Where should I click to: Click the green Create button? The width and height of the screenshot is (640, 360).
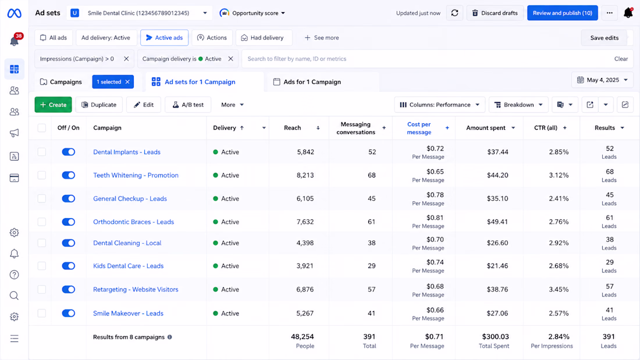(x=53, y=105)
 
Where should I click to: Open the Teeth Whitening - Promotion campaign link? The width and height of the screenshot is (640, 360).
(x=136, y=175)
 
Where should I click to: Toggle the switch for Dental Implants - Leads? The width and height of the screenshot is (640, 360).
(x=69, y=152)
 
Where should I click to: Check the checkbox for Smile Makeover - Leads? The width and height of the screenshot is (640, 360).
(x=42, y=313)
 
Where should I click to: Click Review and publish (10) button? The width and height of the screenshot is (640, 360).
(x=563, y=13)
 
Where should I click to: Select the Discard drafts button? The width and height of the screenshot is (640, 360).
(x=495, y=13)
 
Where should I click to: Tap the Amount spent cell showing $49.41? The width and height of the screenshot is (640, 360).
(x=497, y=222)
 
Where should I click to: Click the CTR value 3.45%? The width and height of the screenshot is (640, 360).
(x=559, y=290)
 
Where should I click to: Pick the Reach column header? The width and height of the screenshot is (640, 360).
(x=292, y=128)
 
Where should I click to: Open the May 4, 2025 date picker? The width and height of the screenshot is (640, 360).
(x=602, y=80)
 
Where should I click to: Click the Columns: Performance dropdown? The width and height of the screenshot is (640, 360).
(x=439, y=105)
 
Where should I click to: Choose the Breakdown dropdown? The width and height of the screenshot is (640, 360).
(x=518, y=105)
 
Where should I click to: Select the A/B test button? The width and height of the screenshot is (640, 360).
(x=188, y=105)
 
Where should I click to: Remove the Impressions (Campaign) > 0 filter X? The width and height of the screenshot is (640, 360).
(x=126, y=59)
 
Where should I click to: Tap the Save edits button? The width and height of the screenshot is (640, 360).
(x=604, y=38)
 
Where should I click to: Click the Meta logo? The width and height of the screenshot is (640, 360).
(x=15, y=13)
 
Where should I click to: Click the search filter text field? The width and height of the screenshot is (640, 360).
(x=426, y=59)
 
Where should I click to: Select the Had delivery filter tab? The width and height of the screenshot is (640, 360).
(x=264, y=38)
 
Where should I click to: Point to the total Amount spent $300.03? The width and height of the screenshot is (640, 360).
(x=495, y=337)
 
